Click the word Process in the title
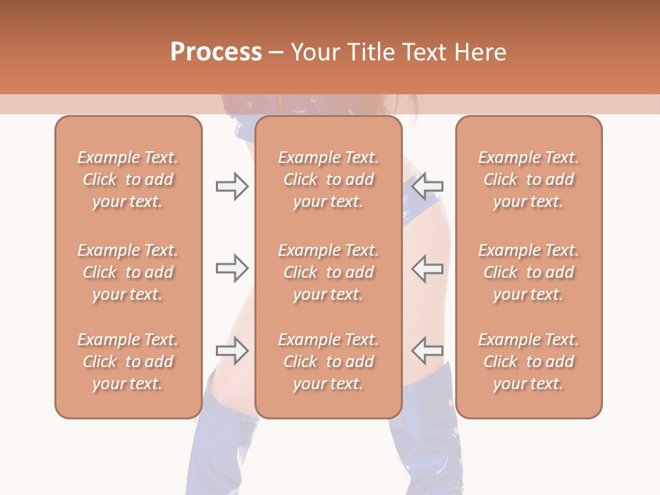pyautogui.click(x=216, y=52)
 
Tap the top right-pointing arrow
pyautogui.click(x=232, y=186)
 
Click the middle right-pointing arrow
pyautogui.click(x=232, y=268)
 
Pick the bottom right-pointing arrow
pyautogui.click(x=232, y=351)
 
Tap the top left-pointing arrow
pyautogui.click(x=428, y=186)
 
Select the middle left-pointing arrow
pyautogui.click(x=428, y=268)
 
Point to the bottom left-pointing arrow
pyautogui.click(x=428, y=351)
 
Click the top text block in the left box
pyautogui.click(x=128, y=179)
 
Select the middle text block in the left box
pyautogui.click(x=128, y=272)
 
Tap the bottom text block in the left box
pyautogui.click(x=128, y=362)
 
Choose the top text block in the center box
pyautogui.click(x=328, y=179)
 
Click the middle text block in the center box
pyautogui.click(x=328, y=272)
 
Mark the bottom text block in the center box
pyautogui.click(x=328, y=362)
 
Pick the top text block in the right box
pyautogui.click(x=528, y=179)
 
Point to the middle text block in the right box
pyautogui.click(x=528, y=272)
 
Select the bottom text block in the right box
pyautogui.click(x=528, y=362)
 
